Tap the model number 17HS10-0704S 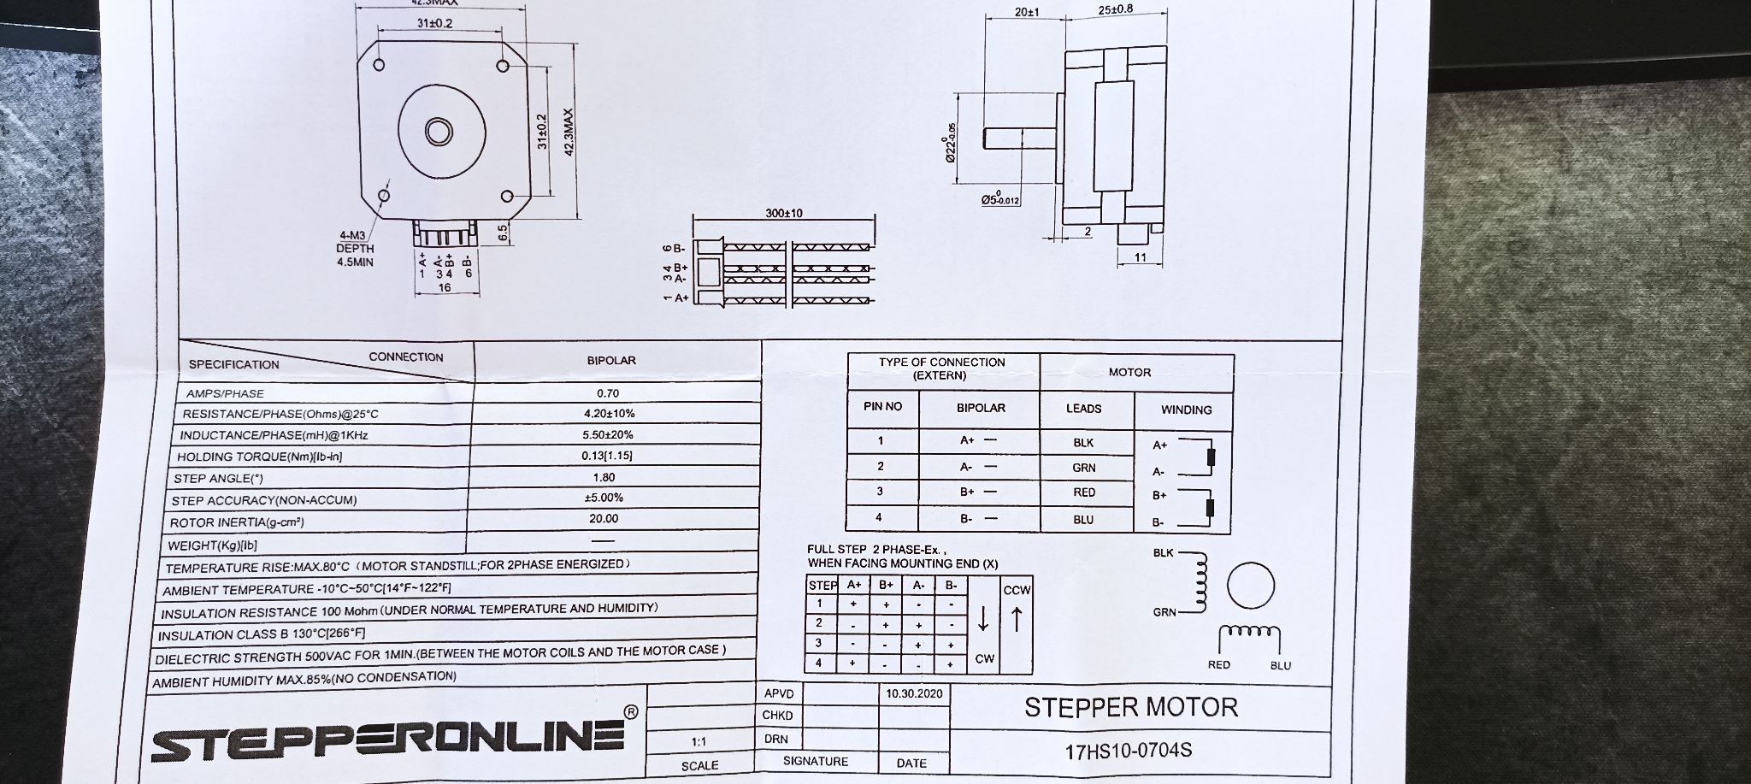point(1128,751)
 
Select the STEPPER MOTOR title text point(1130,707)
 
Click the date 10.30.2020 point(914,693)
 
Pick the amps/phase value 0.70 point(608,393)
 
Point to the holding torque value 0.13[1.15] point(607,455)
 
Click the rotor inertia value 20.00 point(604,518)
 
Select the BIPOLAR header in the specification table point(611,361)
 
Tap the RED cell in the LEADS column point(1084,492)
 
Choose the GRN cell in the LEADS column point(1084,468)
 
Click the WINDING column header point(1186,410)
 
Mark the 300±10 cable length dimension point(784,213)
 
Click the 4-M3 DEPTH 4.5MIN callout point(355,249)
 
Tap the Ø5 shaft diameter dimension point(1000,198)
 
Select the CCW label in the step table point(1017,590)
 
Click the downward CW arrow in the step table point(983,619)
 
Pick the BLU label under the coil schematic point(1281,665)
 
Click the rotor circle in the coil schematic point(1251,587)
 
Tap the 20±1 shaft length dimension point(1026,13)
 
